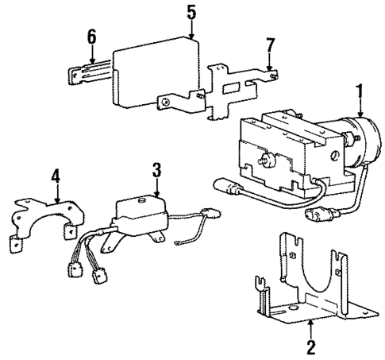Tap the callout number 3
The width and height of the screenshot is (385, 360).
[156, 170]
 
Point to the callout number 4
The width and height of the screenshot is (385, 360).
[55, 175]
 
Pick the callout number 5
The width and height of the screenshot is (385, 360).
[191, 13]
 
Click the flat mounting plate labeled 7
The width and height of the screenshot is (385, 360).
[238, 87]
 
